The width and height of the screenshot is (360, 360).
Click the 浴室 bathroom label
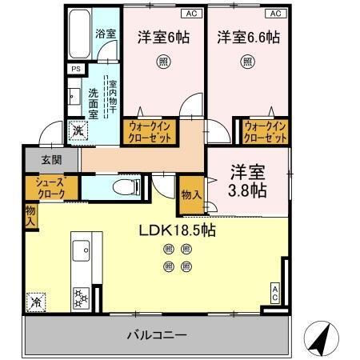click(106, 34)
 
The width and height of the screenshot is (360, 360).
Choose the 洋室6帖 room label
click(162, 37)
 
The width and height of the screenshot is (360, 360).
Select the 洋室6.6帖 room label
click(247, 37)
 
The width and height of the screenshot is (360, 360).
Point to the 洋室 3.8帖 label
click(247, 182)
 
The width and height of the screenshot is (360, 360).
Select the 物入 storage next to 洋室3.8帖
click(190, 195)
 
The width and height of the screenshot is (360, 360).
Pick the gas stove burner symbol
click(82, 298)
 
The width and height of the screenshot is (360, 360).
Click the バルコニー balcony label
click(156, 334)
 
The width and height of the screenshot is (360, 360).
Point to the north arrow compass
click(320, 339)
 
